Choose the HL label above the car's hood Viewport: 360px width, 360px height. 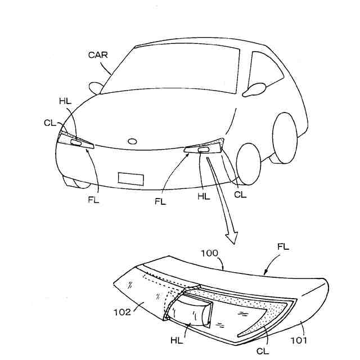tap(65, 101)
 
